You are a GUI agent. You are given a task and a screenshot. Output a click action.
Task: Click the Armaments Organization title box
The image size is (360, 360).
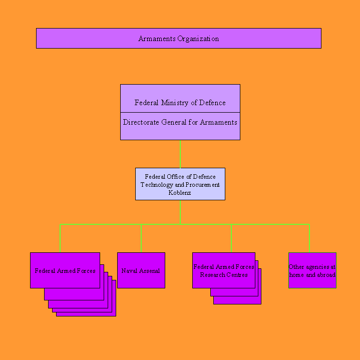tap(179, 39)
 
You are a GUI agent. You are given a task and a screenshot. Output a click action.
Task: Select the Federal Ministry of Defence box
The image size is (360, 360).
tap(180, 98)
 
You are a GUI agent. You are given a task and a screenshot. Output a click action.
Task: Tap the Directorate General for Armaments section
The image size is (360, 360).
tap(180, 126)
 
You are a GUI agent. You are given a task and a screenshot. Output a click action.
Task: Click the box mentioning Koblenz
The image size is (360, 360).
tap(180, 184)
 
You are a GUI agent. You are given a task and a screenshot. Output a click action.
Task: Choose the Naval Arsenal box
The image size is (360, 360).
tap(141, 270)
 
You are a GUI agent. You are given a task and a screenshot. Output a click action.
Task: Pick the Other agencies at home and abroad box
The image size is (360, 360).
tap(312, 270)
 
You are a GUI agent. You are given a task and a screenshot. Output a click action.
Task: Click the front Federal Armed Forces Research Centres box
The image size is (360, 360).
tap(224, 270)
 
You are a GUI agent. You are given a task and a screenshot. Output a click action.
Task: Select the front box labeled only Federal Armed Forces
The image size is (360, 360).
tap(65, 270)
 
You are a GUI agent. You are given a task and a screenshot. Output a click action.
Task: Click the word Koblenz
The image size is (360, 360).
tap(180, 193)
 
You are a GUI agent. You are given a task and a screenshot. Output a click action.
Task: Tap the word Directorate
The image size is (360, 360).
tap(141, 122)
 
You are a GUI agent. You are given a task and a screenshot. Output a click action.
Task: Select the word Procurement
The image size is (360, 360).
tap(202, 185)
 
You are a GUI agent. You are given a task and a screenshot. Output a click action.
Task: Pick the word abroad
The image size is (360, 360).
tap(326, 275)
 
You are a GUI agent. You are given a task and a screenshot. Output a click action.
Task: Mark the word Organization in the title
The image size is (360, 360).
tap(198, 39)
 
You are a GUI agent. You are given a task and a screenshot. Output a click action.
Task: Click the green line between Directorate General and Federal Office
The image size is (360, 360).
tap(180, 154)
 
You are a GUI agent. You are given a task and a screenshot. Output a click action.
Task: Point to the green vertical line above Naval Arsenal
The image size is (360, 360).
tap(141, 238)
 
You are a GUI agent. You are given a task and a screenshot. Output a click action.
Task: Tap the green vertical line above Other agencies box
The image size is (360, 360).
tap(309, 238)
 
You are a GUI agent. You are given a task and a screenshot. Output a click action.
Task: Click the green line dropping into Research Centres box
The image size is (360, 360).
tap(231, 238)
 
